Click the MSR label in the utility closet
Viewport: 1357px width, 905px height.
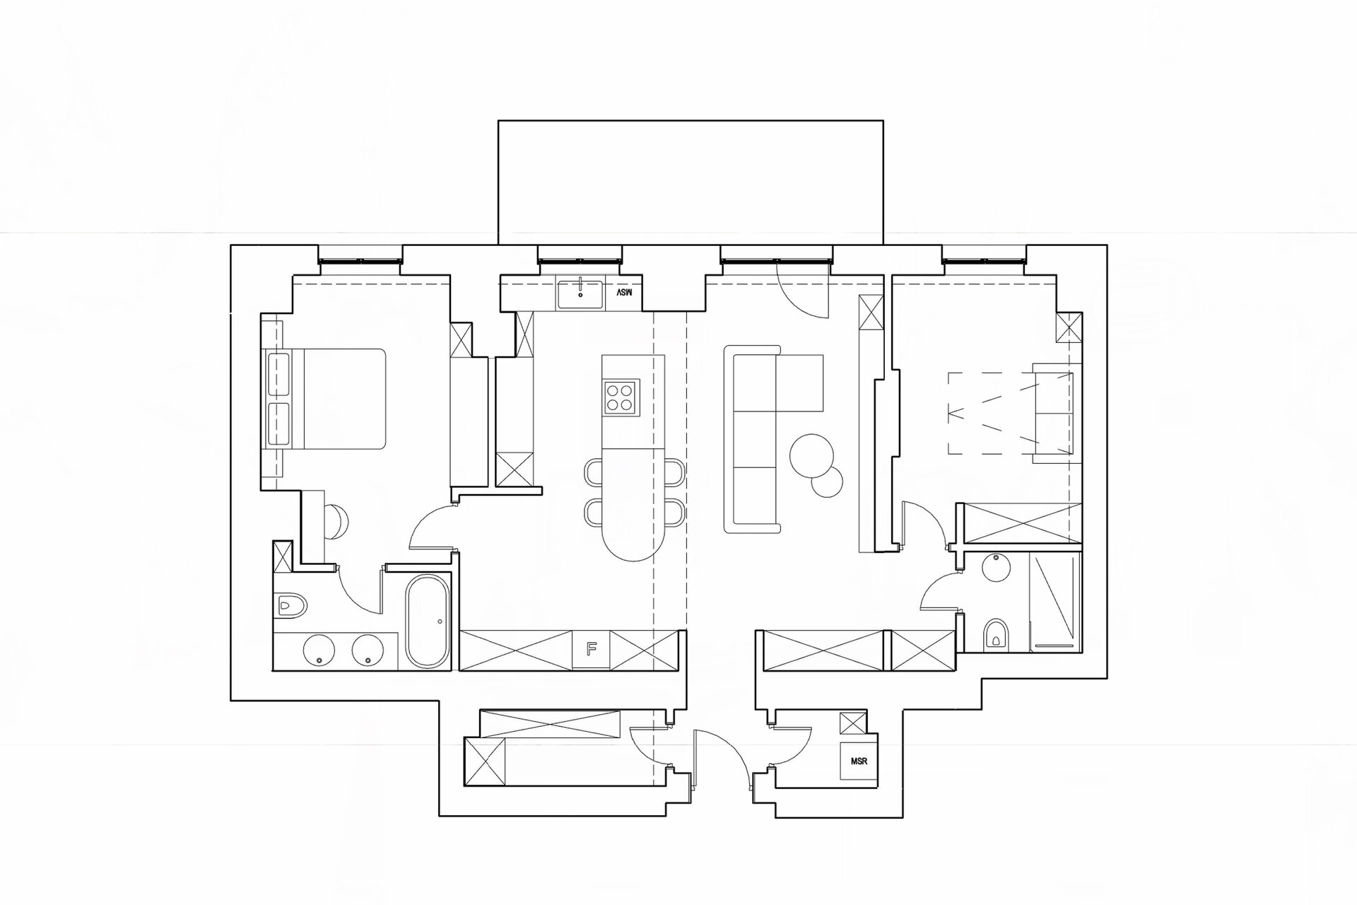[x=859, y=761]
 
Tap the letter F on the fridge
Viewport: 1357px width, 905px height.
[x=592, y=646]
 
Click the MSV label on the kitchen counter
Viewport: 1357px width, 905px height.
[x=623, y=292]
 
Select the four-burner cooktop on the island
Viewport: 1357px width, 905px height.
[x=621, y=397]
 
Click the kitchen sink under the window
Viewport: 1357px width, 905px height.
[x=580, y=294]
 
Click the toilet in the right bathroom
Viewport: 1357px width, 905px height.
[x=997, y=634]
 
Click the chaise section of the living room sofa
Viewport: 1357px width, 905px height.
[x=800, y=383]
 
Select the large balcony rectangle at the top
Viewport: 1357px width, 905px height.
[x=691, y=182]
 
